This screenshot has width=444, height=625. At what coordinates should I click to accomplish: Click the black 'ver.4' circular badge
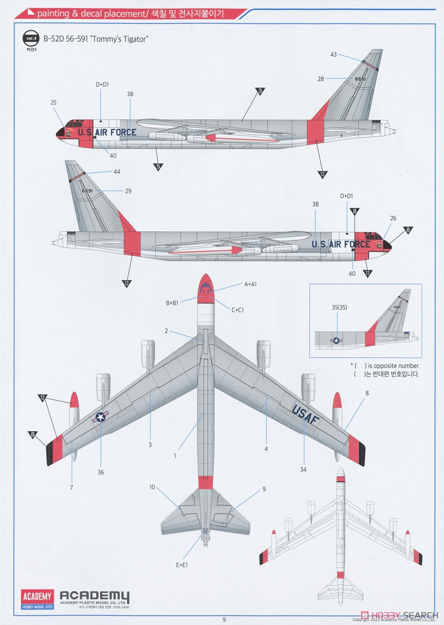[x=32, y=38]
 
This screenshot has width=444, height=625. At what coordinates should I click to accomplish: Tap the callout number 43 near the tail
[x=334, y=55]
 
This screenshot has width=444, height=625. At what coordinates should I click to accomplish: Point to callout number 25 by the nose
[x=54, y=103]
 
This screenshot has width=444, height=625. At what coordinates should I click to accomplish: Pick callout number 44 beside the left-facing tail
[x=117, y=171]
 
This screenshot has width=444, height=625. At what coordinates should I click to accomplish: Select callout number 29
[x=128, y=191]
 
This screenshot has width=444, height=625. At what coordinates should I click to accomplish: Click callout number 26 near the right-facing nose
[x=393, y=218]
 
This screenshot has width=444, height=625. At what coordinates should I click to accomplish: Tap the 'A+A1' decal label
[x=251, y=284]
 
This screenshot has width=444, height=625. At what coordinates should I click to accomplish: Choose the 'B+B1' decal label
[x=172, y=303]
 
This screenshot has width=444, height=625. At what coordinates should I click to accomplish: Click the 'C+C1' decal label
[x=237, y=310]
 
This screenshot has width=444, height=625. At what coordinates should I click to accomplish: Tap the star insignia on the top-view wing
[x=100, y=417]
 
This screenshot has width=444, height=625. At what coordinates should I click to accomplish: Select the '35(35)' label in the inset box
[x=339, y=307]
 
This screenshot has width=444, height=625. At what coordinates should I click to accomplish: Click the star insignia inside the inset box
[x=336, y=340]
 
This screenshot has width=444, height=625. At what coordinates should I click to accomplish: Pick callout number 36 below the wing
[x=100, y=472]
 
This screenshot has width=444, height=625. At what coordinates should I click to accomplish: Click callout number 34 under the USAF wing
[x=303, y=470]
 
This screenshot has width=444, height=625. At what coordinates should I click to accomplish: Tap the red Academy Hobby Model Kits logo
[x=37, y=599]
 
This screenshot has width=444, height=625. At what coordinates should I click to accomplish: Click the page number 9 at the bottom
[x=224, y=619]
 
